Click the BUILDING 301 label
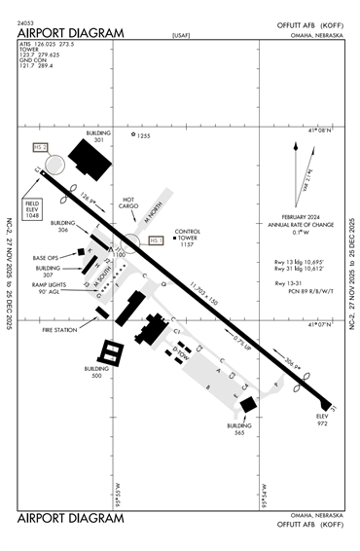98,136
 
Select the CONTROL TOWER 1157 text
187,239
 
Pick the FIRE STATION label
61,330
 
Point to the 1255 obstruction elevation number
144,136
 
